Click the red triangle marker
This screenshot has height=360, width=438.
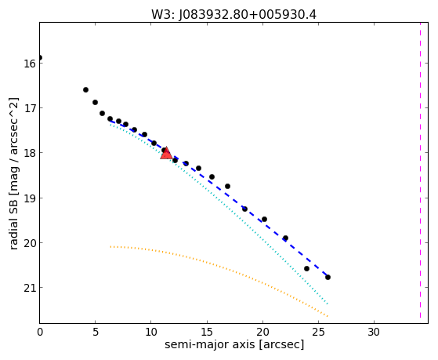click(166, 153)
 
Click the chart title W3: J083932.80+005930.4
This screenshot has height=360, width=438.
click(233, 15)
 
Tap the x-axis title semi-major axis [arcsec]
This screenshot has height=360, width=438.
click(234, 344)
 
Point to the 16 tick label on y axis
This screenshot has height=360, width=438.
click(30, 64)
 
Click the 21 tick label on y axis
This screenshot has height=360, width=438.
click(30, 288)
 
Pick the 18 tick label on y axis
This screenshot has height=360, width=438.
click(30, 153)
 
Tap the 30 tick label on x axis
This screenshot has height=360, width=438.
click(374, 332)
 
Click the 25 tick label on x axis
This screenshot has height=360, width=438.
click(318, 332)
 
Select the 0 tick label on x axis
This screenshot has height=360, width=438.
click(40, 332)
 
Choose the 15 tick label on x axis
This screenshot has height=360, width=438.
click(207, 332)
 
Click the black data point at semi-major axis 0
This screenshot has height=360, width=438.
click(40, 57)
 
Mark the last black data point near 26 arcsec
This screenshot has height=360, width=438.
click(328, 277)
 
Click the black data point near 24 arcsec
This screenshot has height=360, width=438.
click(306, 268)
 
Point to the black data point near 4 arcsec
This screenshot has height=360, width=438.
click(85, 89)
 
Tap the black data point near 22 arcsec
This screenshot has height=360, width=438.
click(285, 238)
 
